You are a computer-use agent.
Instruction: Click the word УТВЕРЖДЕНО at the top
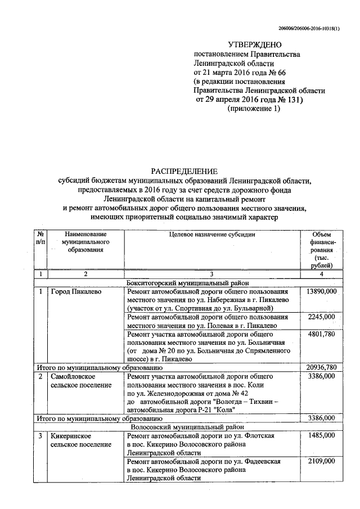[254, 45]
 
